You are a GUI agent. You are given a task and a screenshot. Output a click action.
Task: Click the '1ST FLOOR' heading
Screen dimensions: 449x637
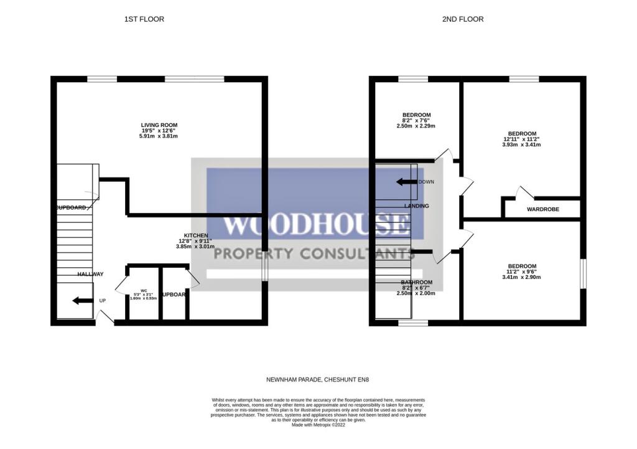click(144, 19)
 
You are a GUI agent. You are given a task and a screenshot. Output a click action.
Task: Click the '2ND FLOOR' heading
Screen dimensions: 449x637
click(462, 19)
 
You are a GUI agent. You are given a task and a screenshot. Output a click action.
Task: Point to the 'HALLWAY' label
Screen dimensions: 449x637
click(90, 274)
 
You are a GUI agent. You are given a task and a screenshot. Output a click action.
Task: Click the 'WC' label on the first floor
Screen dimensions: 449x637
click(143, 290)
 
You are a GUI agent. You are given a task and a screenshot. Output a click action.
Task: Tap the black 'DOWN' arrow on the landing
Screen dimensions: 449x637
click(407, 182)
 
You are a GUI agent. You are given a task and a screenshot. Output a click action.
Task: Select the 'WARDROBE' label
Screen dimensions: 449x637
click(542, 209)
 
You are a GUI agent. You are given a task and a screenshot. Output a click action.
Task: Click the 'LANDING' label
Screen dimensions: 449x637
click(416, 206)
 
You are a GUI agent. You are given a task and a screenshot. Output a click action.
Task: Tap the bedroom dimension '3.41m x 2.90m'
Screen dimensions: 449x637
click(521, 278)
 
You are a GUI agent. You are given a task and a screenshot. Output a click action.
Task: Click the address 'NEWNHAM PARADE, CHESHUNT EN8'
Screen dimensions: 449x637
click(318, 379)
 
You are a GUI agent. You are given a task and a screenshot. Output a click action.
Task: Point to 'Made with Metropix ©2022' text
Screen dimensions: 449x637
click(318, 425)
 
